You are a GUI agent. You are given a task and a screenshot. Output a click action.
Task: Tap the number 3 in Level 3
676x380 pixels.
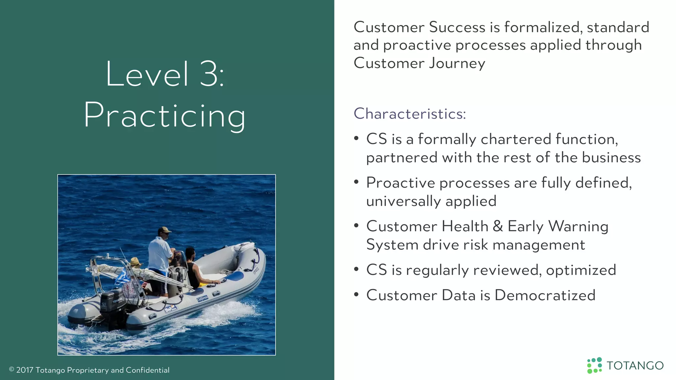[209, 75]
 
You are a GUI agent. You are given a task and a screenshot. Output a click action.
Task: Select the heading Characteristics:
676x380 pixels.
[410, 114]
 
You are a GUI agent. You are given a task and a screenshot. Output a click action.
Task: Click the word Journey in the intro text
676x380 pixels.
[457, 63]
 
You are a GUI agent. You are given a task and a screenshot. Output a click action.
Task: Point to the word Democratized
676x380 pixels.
[545, 295]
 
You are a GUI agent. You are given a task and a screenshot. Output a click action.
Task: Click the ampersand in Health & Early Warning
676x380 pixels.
[498, 226]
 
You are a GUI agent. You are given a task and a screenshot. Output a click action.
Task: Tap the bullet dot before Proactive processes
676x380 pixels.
[356, 182]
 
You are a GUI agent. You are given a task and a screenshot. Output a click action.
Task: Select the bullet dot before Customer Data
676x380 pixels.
[356, 294]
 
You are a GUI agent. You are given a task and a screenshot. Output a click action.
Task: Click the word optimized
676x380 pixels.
[581, 270]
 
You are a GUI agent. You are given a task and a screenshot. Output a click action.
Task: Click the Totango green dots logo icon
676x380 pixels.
[594, 365]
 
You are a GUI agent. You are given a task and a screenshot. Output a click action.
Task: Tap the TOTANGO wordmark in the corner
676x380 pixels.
[635, 365]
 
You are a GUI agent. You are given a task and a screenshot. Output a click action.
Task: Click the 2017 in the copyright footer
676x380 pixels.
[24, 370]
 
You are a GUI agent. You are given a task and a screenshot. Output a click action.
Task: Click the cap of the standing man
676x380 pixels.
[164, 230]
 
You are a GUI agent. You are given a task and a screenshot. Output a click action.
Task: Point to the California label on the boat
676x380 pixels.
[202, 298]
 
